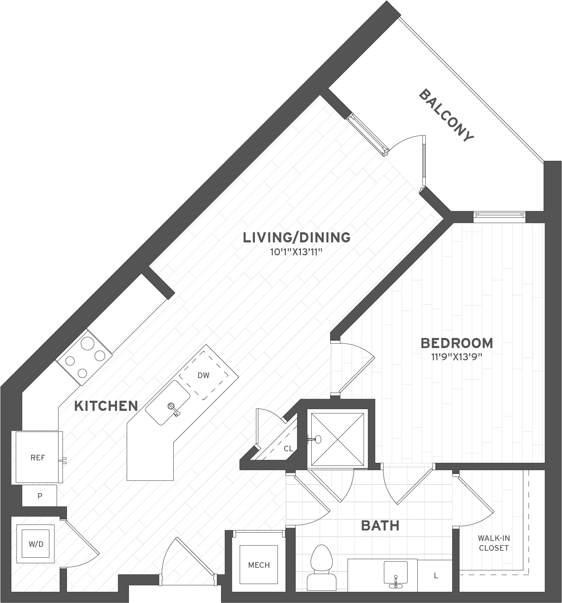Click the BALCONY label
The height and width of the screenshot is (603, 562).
tap(446, 116)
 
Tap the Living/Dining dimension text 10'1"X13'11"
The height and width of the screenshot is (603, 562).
tap(296, 252)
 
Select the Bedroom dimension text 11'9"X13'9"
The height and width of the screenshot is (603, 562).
tap(457, 357)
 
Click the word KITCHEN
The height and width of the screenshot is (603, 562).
tap(106, 406)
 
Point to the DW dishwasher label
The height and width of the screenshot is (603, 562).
tap(203, 376)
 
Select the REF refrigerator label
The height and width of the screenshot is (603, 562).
tap(38, 458)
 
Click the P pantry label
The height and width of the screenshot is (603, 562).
tap(40, 496)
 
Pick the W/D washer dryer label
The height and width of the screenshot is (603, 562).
tap(36, 544)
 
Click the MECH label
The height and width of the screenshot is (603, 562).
tap(259, 565)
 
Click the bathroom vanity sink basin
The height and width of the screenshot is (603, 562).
tap(395, 572)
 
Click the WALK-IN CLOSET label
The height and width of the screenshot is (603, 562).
tap(494, 543)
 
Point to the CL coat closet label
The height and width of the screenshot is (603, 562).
tap(288, 449)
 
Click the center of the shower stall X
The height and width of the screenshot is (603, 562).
tap(337, 439)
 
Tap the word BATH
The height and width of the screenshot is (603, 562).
tap(380, 526)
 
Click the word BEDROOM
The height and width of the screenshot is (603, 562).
tap(457, 343)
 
